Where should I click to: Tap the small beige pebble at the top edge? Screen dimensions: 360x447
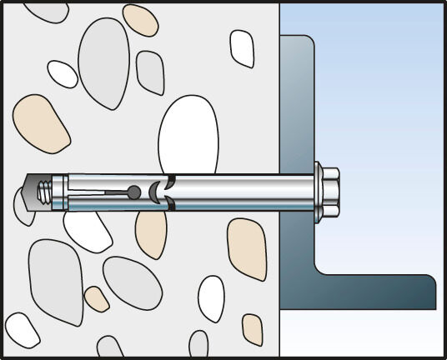pos(139,19)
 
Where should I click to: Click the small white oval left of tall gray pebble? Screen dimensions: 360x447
pos(62,73)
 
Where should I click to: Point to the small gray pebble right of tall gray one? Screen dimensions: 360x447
pos(150,72)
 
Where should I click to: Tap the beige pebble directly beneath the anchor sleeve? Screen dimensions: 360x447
pos(151,233)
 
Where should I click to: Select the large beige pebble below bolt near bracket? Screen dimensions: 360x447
pos(246,248)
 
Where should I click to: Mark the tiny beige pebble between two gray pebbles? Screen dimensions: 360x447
pos(97,299)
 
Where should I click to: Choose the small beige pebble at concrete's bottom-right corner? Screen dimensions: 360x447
pos(252,329)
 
